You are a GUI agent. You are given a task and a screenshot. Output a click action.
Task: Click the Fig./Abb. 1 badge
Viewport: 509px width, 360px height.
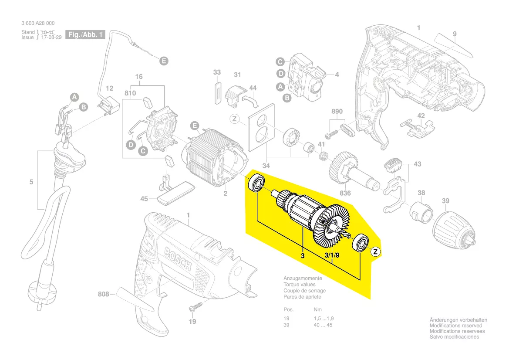click(85, 34)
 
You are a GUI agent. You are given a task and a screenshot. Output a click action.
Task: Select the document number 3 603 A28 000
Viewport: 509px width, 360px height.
click(38, 23)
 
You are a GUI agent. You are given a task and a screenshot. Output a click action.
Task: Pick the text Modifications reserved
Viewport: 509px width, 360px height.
click(456, 326)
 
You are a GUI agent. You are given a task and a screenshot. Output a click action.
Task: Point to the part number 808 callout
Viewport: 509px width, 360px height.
click(104, 295)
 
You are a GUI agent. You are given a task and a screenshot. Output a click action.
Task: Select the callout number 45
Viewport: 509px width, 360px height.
click(144, 199)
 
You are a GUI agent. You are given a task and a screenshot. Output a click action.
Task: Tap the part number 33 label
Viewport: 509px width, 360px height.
click(217, 72)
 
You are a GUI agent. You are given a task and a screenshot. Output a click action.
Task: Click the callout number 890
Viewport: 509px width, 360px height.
click(337, 112)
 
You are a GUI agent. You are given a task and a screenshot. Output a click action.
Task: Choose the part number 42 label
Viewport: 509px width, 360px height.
click(421, 115)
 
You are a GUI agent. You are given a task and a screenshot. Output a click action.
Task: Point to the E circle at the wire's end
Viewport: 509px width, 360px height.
click(163, 61)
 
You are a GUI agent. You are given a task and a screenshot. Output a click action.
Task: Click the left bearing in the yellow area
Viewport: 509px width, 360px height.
click(256, 183)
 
